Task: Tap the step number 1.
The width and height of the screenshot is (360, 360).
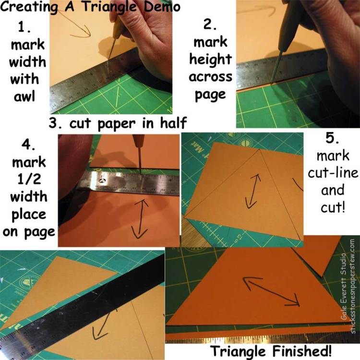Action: click(x=24, y=27)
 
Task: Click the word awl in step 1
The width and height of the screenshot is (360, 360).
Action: click(x=24, y=96)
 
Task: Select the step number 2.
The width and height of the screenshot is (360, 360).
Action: click(x=210, y=24)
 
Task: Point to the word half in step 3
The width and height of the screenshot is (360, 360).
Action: click(x=173, y=123)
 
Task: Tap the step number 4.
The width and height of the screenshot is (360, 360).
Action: click(x=28, y=145)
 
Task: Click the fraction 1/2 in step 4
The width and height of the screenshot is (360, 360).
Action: click(x=29, y=179)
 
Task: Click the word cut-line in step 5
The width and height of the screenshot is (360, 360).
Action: click(x=333, y=173)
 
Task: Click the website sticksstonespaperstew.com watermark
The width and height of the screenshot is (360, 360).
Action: click(x=353, y=286)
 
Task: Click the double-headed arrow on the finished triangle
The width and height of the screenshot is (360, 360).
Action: click(x=272, y=291)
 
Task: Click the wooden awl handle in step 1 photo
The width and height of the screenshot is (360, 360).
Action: click(x=118, y=29)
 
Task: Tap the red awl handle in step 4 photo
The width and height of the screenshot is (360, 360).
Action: click(x=139, y=141)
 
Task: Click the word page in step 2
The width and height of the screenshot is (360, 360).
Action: click(x=210, y=95)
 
